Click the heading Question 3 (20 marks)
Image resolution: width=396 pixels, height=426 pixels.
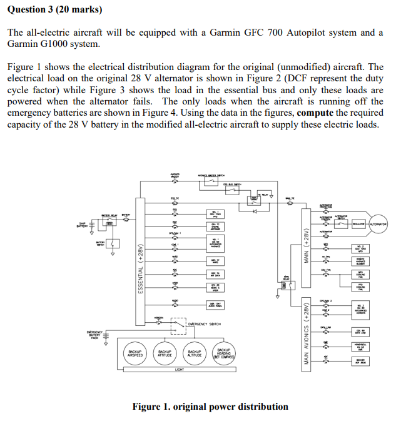tap(54, 10)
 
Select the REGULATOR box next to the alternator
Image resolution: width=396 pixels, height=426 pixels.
tap(358, 224)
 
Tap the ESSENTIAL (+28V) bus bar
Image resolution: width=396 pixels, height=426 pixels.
tap(140, 263)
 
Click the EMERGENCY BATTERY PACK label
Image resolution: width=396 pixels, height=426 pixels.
tap(96, 336)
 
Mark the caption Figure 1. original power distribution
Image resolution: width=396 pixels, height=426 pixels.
tap(210, 407)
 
